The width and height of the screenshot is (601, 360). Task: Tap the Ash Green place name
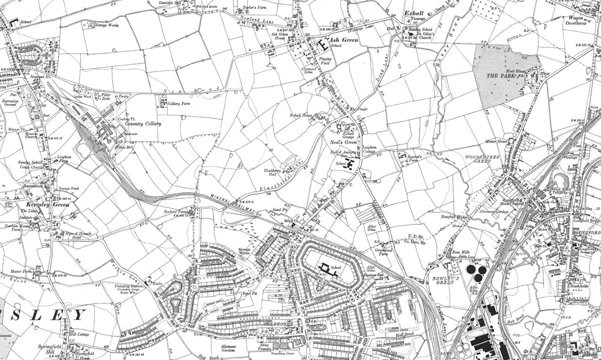343,40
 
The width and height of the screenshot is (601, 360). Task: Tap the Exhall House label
301,115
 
